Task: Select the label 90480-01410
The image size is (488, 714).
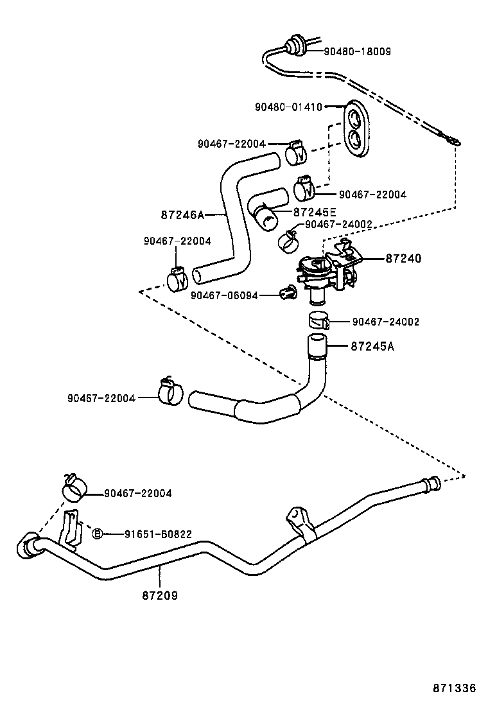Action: (x=288, y=107)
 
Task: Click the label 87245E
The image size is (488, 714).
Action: (x=315, y=212)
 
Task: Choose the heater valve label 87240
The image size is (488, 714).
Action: (x=403, y=259)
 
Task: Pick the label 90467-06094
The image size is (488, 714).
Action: (x=224, y=295)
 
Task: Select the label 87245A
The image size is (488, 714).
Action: (x=372, y=347)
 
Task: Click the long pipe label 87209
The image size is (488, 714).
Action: (x=160, y=595)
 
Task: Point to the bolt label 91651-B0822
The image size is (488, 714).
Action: (x=158, y=534)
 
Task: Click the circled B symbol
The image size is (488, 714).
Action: (x=98, y=534)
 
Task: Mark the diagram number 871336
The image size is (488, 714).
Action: (x=453, y=688)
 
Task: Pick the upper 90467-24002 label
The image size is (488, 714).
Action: (x=338, y=224)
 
